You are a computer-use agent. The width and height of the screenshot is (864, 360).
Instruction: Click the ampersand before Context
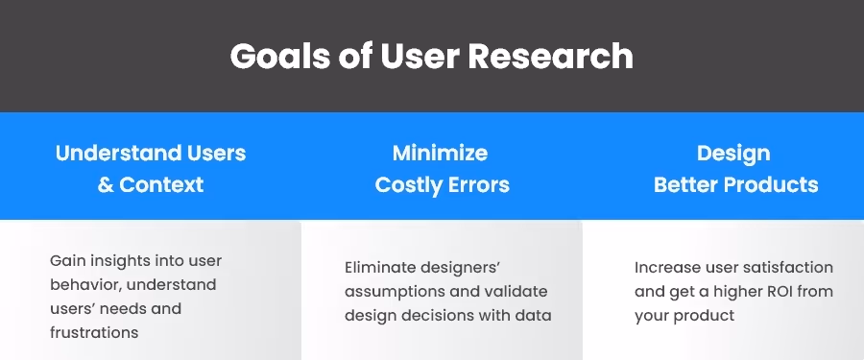point(106,184)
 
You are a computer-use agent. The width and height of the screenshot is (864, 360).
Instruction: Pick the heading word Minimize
point(440,154)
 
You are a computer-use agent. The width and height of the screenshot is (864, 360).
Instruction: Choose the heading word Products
point(777,184)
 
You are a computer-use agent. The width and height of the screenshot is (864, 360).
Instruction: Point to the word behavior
point(84,285)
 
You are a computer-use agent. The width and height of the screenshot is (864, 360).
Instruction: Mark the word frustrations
point(94,332)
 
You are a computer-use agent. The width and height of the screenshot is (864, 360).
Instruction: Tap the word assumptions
point(391,291)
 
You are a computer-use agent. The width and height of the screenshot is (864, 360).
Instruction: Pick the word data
point(532,314)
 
